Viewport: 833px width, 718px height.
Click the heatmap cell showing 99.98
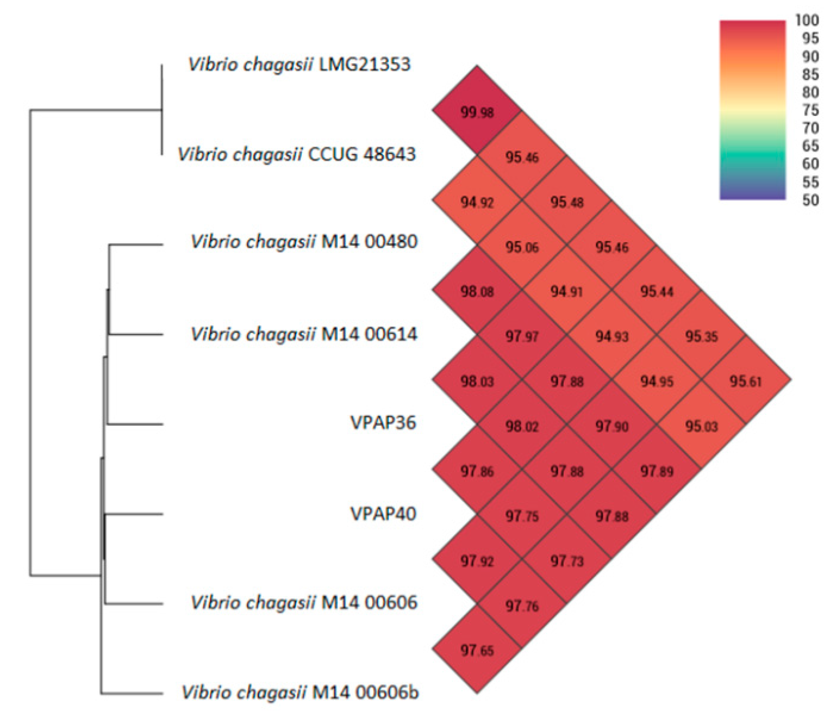tap(477, 112)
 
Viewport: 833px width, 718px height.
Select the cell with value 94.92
tap(477, 202)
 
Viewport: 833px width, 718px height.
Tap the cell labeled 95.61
tap(745, 381)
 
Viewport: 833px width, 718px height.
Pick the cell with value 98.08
tap(477, 291)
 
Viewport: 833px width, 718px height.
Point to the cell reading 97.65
tap(477, 650)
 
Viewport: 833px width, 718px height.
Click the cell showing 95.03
tap(701, 426)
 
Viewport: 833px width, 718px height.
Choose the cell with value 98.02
tap(521, 426)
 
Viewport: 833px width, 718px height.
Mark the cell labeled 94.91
tap(566, 291)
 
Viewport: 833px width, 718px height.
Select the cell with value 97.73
tap(566, 561)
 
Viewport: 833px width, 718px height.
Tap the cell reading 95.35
tap(701, 336)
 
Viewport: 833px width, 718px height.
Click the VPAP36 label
tap(383, 423)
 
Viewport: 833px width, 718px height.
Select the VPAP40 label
tap(383, 513)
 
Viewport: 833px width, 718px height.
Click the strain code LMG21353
tap(364, 65)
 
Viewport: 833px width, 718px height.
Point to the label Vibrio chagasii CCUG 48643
tap(296, 154)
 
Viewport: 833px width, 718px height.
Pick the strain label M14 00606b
tap(365, 693)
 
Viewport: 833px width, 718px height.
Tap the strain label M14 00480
tap(369, 241)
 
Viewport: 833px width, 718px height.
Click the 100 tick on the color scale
tap(807, 20)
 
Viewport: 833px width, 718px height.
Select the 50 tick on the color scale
tap(810, 200)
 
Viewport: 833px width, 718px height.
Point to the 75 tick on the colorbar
tap(810, 110)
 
